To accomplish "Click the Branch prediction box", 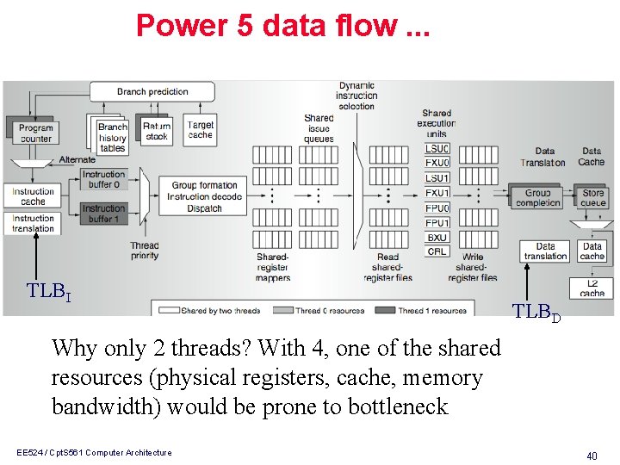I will [152, 91].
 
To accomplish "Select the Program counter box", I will [35, 133].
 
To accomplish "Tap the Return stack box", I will [156, 131].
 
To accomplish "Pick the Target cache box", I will [200, 130].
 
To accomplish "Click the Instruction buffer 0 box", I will [104, 179].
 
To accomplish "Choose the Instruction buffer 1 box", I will [104, 213].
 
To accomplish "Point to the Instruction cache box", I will [33, 196].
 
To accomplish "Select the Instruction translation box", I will [33, 224].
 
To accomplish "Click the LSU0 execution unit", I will [437, 148].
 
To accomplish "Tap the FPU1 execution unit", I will [437, 222].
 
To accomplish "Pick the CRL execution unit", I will [437, 251].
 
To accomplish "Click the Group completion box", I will [537, 198].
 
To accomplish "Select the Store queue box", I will [593, 198].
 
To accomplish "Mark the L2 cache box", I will [592, 288].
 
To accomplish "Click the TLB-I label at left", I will [48, 291].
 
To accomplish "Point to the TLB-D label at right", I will [536, 312].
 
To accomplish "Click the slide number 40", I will [592, 455].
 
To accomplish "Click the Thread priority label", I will [145, 251].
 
